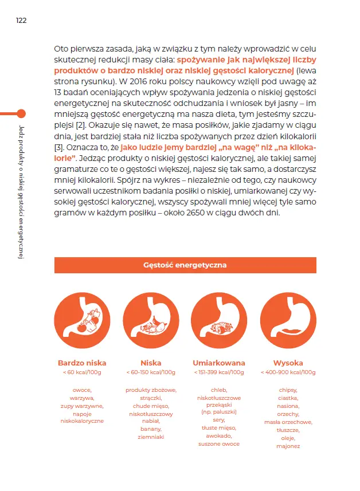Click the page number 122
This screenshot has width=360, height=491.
[21, 21]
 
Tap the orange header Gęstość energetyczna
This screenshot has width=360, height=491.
[185, 265]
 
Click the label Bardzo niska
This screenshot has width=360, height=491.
[82, 363]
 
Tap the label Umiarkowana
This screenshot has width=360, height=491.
[219, 363]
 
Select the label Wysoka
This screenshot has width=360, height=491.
[288, 363]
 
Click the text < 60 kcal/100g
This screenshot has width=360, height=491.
[82, 372]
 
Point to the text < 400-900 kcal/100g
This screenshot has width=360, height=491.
[288, 372]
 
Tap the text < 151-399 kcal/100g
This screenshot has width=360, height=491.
[219, 372]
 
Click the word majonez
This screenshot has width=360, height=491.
[288, 446]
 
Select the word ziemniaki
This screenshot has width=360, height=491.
[151, 437]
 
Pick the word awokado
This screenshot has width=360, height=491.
[219, 435]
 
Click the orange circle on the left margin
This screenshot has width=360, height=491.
[21, 113]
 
